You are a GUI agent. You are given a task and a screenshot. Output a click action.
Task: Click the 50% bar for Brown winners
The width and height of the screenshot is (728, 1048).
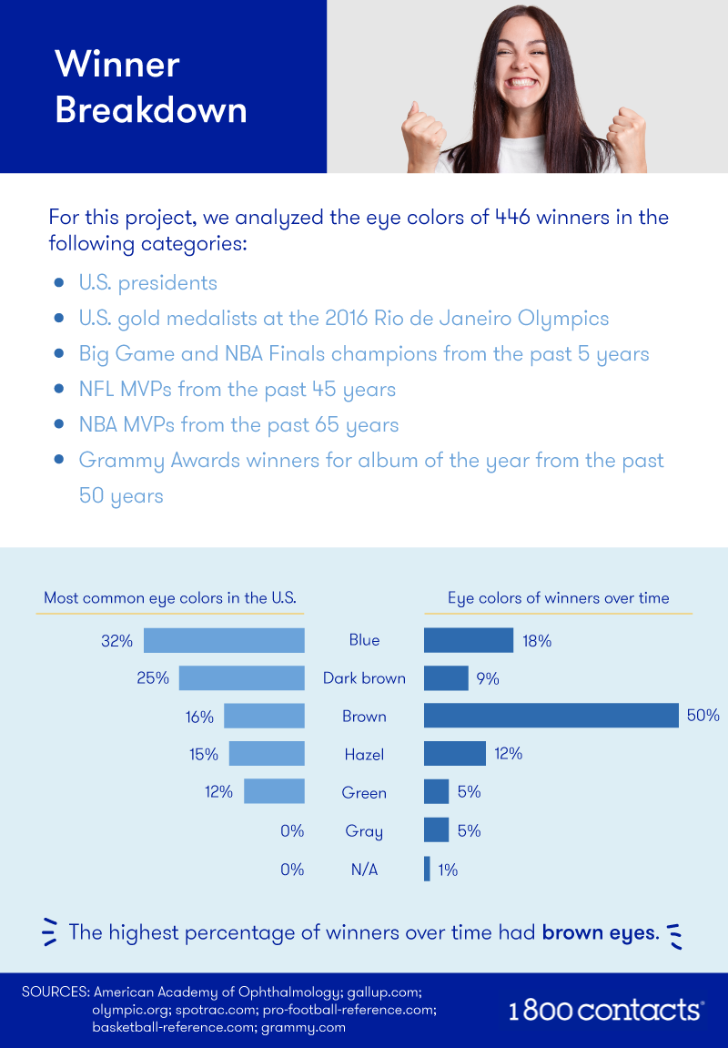(551, 716)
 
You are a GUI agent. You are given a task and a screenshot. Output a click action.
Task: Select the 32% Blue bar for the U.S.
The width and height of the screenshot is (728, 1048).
(224, 640)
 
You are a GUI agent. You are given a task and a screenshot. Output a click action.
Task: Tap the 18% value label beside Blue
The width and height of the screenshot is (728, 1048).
(537, 641)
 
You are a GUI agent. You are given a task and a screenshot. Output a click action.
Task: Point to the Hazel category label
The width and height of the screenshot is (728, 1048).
(364, 755)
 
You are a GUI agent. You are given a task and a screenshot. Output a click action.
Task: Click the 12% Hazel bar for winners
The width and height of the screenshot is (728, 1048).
(455, 754)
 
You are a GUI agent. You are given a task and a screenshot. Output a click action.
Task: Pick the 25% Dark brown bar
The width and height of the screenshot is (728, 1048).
(241, 678)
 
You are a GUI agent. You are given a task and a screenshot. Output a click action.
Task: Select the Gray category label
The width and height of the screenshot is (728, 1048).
(364, 831)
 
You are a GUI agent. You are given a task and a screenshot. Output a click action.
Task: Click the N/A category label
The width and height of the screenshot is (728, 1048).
(364, 870)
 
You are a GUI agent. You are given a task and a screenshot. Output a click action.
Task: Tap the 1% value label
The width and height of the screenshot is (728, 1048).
(448, 870)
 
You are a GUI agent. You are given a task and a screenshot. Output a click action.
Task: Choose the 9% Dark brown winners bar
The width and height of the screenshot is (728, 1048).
(446, 678)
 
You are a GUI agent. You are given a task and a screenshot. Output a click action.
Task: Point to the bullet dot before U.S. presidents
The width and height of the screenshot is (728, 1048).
(59, 283)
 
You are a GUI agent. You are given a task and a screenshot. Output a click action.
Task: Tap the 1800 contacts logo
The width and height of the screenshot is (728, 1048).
(605, 1010)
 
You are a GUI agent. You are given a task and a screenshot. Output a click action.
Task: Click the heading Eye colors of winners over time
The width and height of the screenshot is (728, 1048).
(558, 598)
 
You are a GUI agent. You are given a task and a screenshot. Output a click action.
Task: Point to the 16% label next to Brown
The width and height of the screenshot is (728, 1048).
(199, 717)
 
